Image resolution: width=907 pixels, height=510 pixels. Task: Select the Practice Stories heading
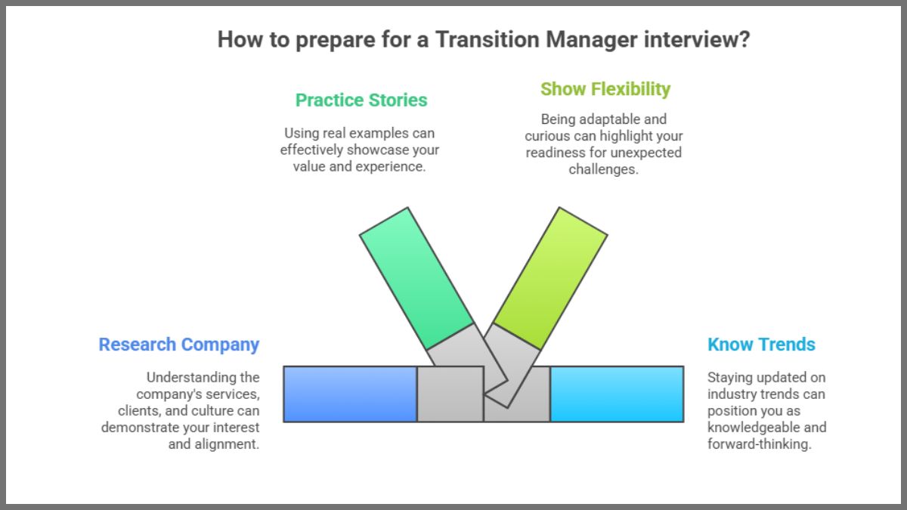[x=361, y=100]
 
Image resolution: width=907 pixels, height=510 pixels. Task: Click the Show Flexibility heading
[x=605, y=89]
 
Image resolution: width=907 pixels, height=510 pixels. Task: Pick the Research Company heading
[x=178, y=345]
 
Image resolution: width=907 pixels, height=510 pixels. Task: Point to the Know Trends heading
[x=761, y=345]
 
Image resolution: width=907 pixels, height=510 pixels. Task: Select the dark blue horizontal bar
[x=350, y=394]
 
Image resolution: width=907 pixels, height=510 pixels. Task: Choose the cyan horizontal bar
[x=617, y=394]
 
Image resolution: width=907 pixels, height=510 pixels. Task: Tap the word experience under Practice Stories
[x=394, y=167]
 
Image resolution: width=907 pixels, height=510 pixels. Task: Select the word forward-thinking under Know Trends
[x=759, y=444]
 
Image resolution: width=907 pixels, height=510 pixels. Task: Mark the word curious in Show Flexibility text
[x=549, y=136]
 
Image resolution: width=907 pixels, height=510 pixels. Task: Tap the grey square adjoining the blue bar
[x=450, y=394]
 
